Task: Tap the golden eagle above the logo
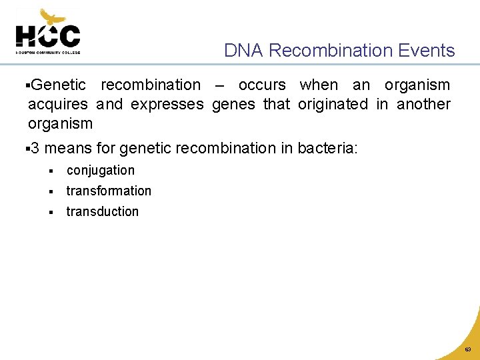coord(53,17)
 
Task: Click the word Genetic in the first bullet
coord(58,85)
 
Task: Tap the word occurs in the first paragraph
coord(262,85)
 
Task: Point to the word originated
coord(333,105)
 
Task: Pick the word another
coord(423,105)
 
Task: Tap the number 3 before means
coord(35,147)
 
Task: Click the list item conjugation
coord(101,171)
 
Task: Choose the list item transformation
coord(109,191)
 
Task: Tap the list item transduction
coord(103,212)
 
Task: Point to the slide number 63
coord(467,349)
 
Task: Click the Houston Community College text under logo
coord(48,51)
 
